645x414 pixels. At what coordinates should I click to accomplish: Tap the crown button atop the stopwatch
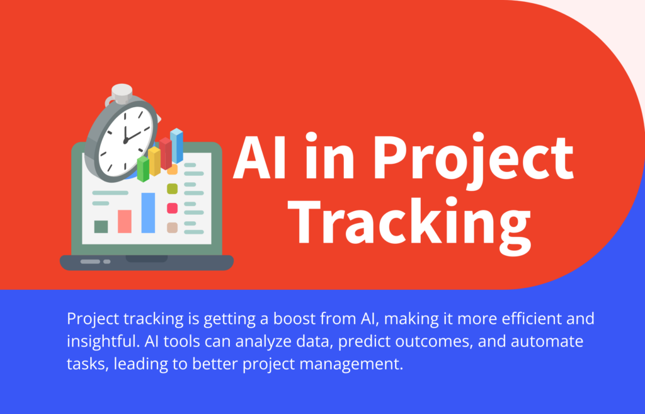click(121, 92)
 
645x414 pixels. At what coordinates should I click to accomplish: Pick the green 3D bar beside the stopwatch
click(143, 168)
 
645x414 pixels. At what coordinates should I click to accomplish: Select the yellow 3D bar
click(154, 161)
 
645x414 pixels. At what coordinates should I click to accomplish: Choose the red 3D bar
click(166, 153)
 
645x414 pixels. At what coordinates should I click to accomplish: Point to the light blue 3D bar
click(177, 146)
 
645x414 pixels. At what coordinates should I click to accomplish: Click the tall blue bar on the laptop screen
click(148, 212)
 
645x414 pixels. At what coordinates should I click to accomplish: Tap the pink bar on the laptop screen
click(125, 221)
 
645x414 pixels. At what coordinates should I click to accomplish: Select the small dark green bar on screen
click(101, 226)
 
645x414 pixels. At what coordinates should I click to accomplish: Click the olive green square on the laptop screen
click(172, 188)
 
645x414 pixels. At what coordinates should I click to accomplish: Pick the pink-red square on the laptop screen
click(172, 208)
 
